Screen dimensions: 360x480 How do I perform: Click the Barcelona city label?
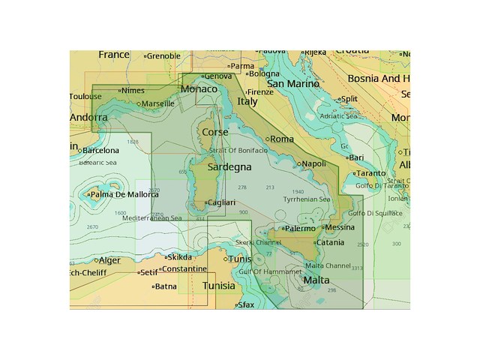click(100, 151)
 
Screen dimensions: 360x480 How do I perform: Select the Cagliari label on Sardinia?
click(223, 202)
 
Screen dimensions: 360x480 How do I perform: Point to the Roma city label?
click(282, 139)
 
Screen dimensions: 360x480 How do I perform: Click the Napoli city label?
click(313, 163)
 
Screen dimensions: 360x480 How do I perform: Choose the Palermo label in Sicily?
click(300, 229)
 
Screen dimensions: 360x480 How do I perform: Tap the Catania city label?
click(330, 242)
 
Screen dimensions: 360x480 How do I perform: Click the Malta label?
click(316, 280)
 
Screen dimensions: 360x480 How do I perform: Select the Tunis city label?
click(240, 259)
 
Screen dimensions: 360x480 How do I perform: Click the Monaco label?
click(199, 89)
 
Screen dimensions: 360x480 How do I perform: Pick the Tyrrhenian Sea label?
click(307, 199)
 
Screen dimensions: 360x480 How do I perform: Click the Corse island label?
click(215, 132)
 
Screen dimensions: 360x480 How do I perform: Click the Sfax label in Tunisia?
click(246, 305)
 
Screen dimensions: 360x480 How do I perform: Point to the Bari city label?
click(356, 157)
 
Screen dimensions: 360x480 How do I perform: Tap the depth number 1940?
click(298, 191)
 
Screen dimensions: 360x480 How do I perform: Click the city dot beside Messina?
click(321, 228)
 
